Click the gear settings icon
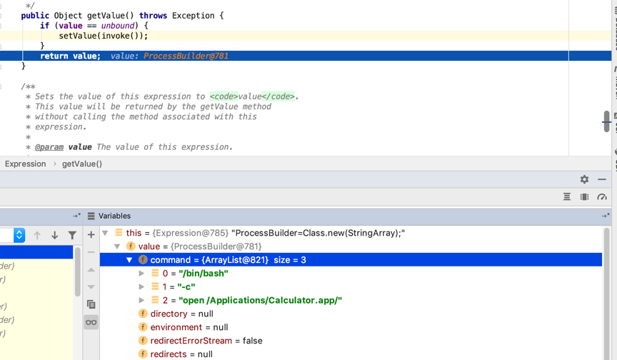pos(584,179)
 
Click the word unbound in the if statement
pos(118,26)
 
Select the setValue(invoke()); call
pos(104,36)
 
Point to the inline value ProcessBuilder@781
pos(186,56)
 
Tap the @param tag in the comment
pos(49,147)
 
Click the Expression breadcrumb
pos(26,164)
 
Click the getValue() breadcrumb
pos(82,164)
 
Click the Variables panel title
pos(114,216)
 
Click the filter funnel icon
pos(72,235)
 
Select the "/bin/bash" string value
pos(204,274)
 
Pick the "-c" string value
pos(186,287)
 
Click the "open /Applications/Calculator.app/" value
pos(261,300)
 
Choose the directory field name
pos(169,314)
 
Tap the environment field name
pos(176,327)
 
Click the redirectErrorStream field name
pos(191,341)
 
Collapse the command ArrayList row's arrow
pos(129,260)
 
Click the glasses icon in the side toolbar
pos(91,322)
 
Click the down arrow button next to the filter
pos(55,235)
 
